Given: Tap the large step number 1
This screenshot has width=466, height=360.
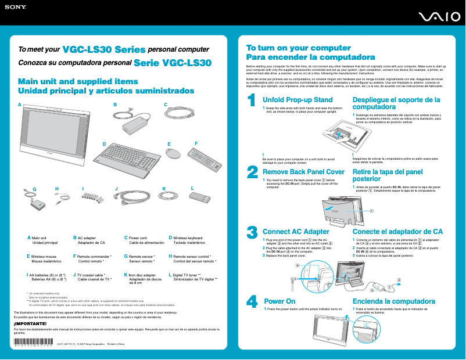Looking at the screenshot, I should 252,101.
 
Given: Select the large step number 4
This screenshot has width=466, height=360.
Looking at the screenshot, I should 252,302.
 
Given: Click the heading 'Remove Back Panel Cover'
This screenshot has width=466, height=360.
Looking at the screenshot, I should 303,172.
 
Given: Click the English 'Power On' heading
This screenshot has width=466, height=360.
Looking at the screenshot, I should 279,301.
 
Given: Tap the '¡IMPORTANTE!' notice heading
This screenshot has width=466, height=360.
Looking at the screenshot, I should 26,323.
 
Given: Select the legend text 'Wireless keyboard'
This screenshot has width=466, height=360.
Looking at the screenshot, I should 188,237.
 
